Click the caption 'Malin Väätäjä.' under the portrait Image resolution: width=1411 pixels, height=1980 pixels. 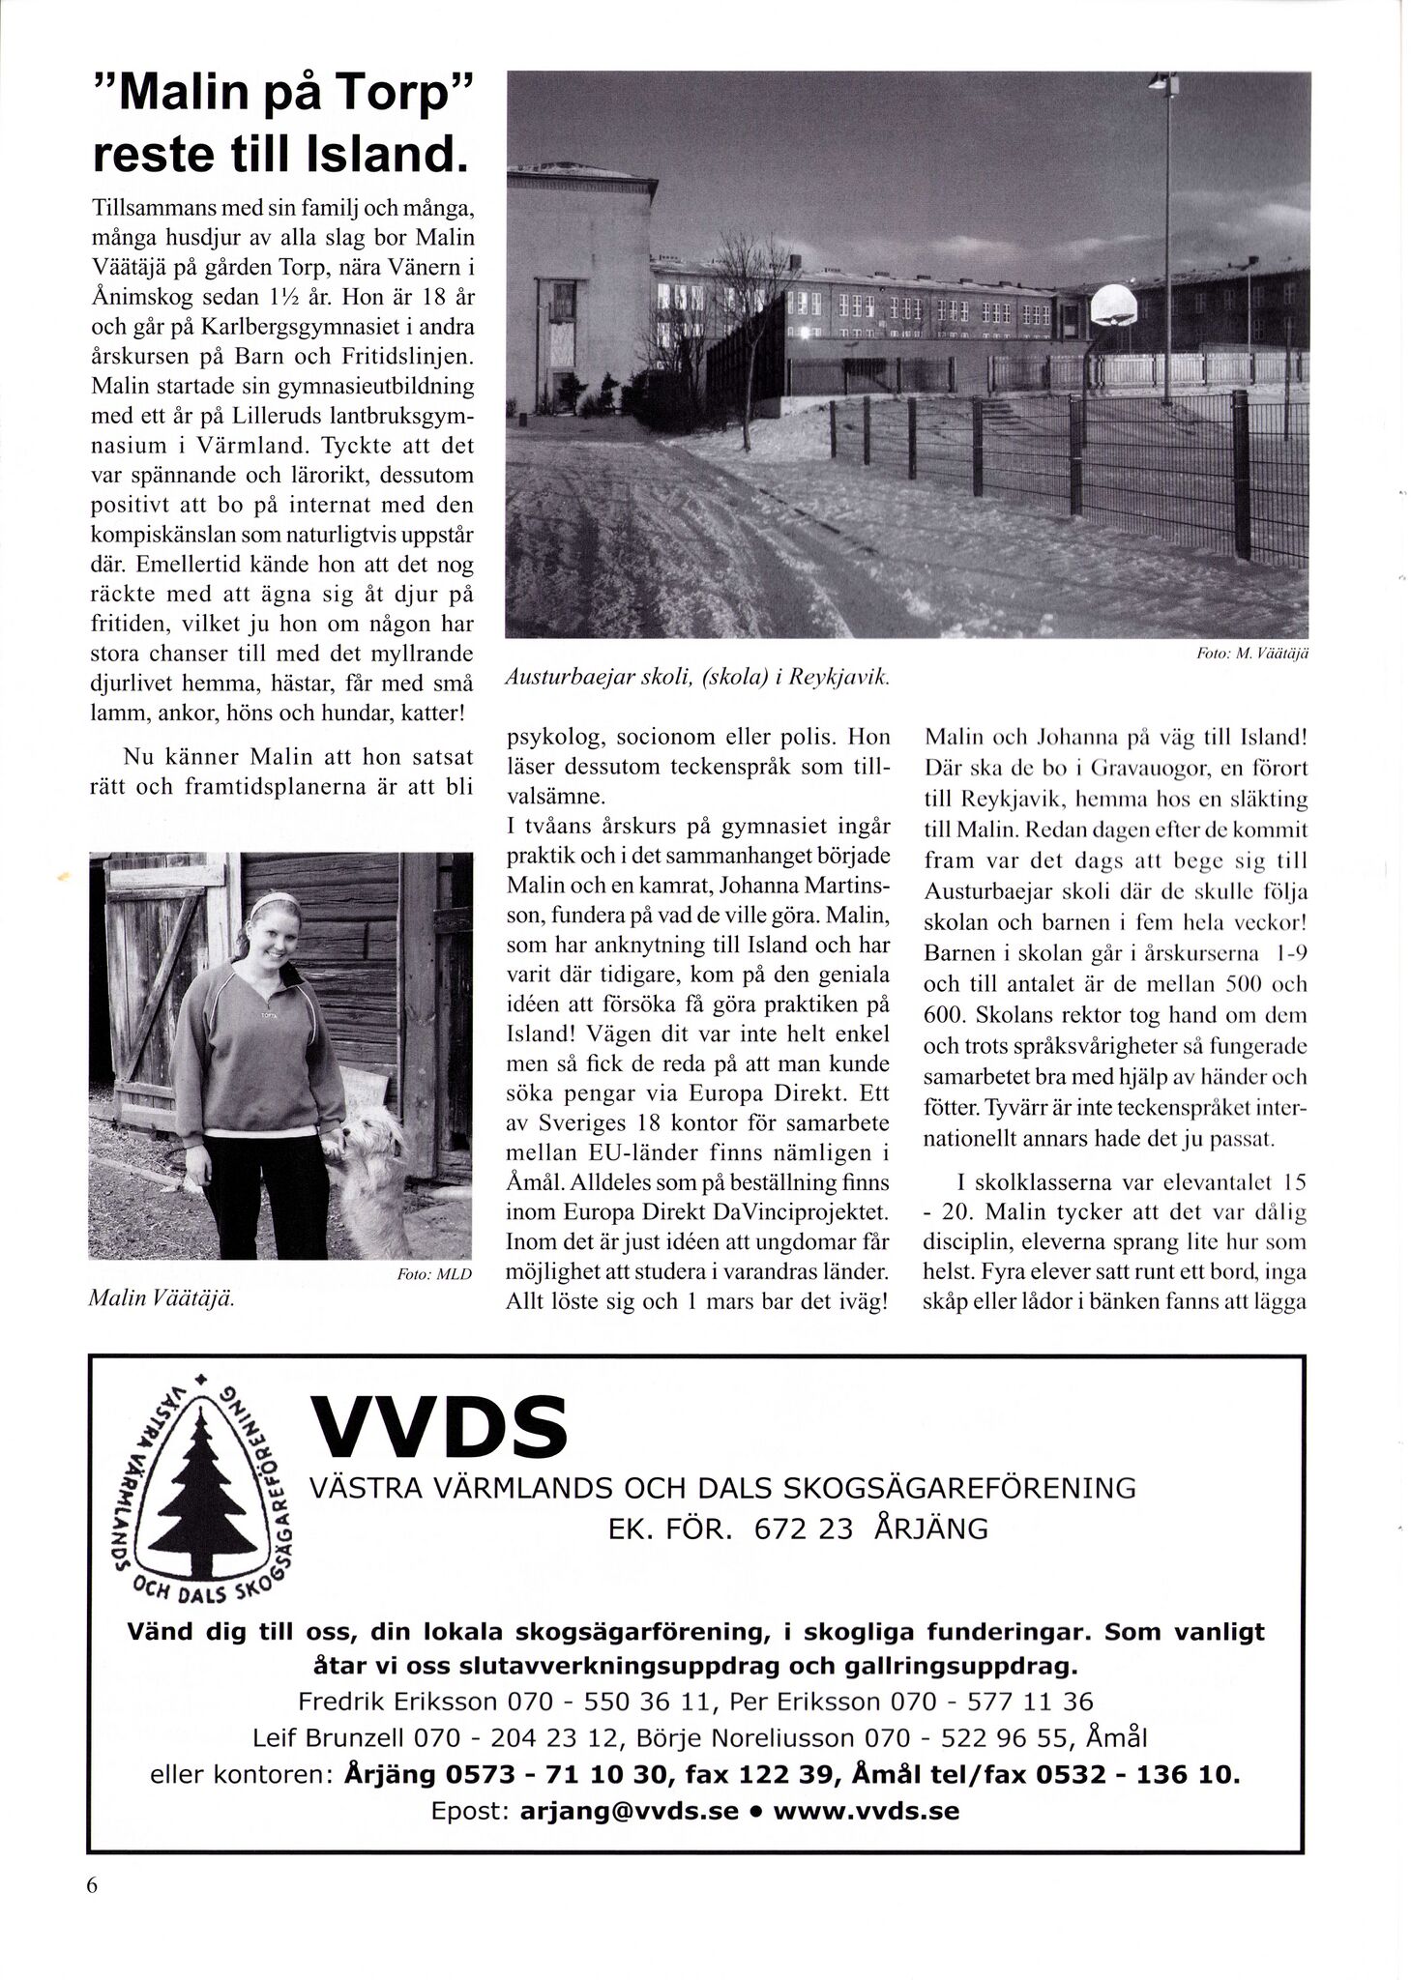pos(162,1298)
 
